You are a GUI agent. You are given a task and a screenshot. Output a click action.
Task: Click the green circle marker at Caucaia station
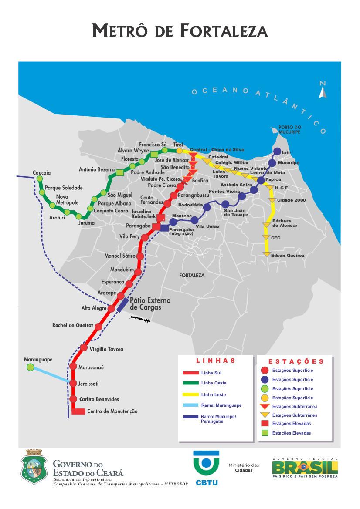[40, 179]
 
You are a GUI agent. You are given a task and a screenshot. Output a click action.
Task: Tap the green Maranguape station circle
[30, 367]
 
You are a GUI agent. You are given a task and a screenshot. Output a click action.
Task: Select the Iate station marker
[277, 151]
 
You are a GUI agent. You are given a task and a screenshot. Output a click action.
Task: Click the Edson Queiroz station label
[287, 256]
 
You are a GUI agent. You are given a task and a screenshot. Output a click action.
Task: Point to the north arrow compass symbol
[323, 90]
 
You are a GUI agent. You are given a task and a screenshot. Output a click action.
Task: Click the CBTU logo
[207, 468]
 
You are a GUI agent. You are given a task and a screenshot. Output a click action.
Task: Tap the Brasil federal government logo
[305, 468]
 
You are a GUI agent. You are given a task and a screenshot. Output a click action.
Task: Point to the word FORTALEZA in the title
[224, 31]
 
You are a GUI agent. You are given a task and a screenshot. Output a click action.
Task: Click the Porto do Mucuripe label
[290, 130]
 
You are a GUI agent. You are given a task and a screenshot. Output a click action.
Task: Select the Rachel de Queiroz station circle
[98, 326]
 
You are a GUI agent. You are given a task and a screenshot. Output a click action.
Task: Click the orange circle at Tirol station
[179, 151]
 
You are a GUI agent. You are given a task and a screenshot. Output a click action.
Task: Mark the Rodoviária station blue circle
[207, 208]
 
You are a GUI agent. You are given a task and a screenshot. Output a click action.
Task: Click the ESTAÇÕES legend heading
[296, 361]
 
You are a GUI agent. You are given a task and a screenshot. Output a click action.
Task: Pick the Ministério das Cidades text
[244, 468]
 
